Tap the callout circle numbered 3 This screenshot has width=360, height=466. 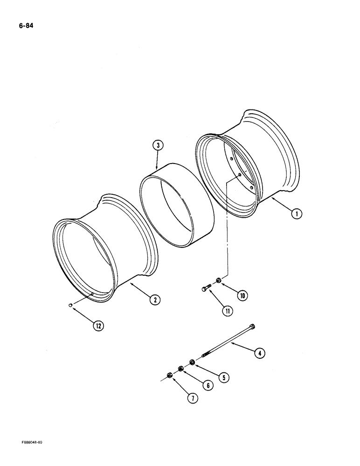[x=158, y=146]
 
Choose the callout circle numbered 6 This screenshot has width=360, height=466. [x=208, y=385]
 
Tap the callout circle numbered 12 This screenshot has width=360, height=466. [x=98, y=326]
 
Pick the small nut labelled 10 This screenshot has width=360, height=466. [x=218, y=281]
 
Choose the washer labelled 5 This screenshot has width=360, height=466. [x=192, y=362]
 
